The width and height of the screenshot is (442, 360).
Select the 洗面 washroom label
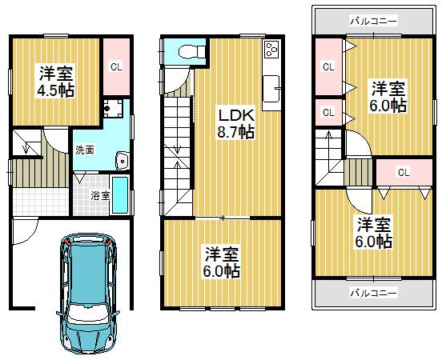[83, 150]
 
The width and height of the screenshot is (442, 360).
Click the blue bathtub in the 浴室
[119, 196]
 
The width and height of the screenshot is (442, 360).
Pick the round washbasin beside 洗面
[121, 161]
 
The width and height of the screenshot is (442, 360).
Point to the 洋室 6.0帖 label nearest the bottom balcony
[374, 230]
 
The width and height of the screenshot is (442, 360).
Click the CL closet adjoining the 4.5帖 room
[115, 67]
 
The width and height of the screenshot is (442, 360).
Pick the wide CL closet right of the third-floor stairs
[403, 172]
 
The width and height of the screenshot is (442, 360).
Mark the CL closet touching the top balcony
[327, 67]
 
